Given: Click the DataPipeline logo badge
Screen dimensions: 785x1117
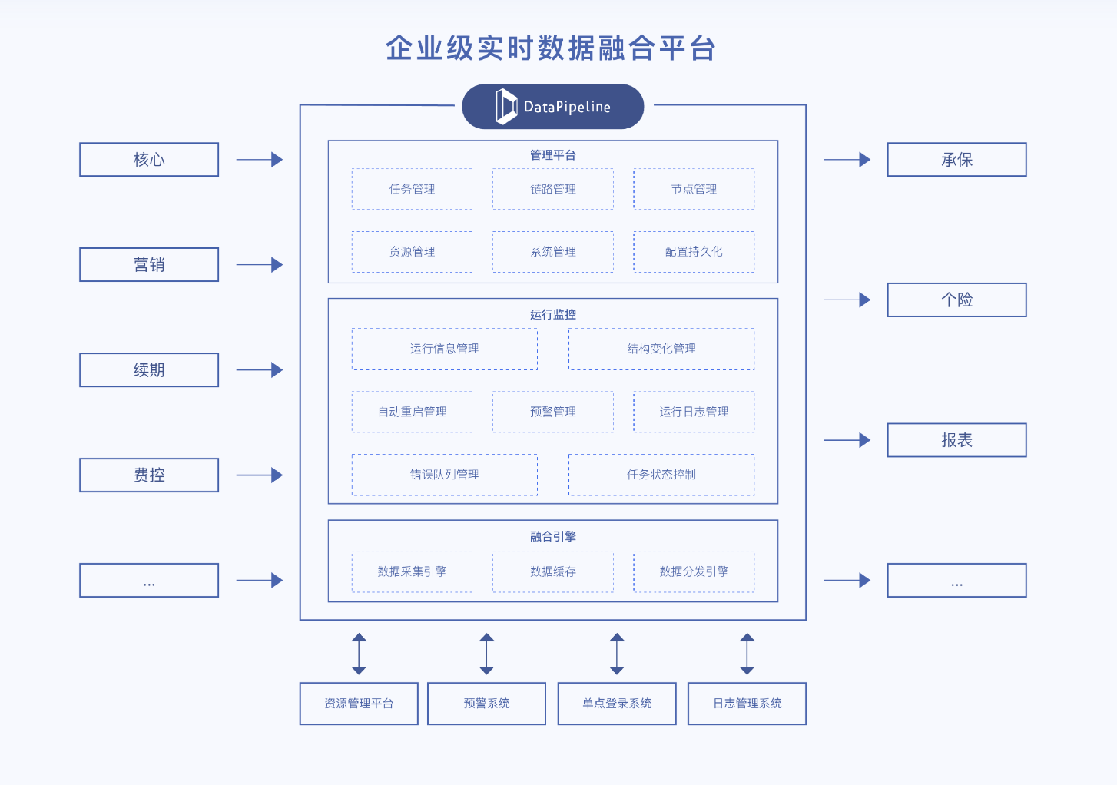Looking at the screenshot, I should tap(552, 107).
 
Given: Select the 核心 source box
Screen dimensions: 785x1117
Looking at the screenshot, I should tap(149, 160).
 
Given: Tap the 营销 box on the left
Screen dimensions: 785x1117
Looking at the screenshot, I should tap(149, 265).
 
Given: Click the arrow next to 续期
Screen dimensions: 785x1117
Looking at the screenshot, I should tap(259, 370).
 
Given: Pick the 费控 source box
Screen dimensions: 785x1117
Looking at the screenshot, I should tap(149, 475).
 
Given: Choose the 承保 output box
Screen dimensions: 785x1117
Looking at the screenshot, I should tap(956, 160).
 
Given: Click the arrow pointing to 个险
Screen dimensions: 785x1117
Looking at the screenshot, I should tap(847, 300).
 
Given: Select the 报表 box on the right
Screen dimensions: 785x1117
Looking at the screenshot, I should tap(956, 440).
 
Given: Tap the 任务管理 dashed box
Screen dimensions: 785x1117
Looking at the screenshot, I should tap(412, 189).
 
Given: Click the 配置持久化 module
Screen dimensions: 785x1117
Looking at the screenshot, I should tap(694, 252).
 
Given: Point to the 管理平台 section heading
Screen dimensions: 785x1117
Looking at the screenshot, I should tap(553, 155).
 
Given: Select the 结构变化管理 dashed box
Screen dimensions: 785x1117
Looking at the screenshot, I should tap(661, 349).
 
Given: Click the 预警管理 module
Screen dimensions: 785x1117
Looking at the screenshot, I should tap(553, 412).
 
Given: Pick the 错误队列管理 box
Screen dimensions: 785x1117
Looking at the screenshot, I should tap(444, 475).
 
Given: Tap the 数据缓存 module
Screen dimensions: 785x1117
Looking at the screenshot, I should tap(553, 571).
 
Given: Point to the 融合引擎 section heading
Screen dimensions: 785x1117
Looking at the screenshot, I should tap(553, 536).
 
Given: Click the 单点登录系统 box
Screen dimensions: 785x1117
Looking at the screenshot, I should tap(617, 704).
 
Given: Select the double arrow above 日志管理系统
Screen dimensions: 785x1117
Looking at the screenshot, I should tap(747, 654).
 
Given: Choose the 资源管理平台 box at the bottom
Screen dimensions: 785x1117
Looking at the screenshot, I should tap(359, 704).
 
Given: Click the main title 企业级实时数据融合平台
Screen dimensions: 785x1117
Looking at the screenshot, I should tap(551, 48).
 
